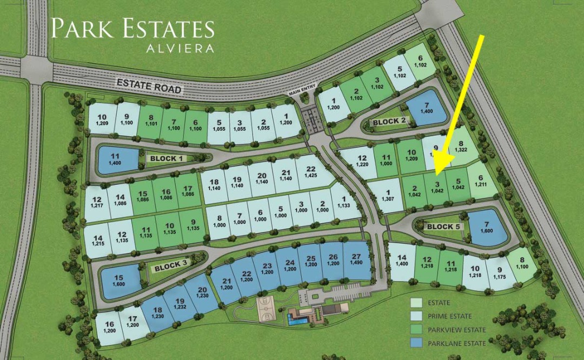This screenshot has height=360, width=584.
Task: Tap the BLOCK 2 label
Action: pyautogui.click(x=389, y=122)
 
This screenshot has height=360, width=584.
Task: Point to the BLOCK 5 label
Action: pyautogui.click(x=443, y=226)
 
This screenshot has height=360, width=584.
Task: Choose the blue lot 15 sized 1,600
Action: pyautogui.click(x=119, y=281)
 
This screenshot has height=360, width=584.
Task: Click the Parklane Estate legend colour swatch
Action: pyautogui.click(x=417, y=343)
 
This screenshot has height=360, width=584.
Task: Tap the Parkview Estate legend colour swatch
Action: pyautogui.click(x=417, y=330)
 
